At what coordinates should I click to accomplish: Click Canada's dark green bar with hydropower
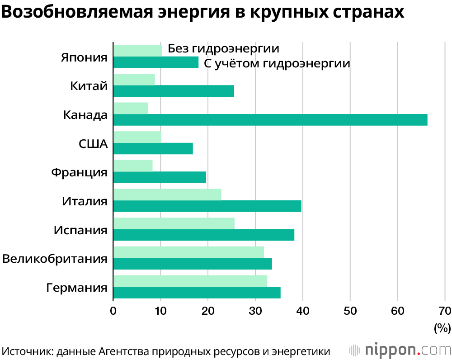click(270, 119)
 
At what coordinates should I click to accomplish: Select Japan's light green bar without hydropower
click(137, 51)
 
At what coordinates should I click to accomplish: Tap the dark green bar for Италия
click(207, 206)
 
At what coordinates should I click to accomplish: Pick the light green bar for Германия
click(190, 281)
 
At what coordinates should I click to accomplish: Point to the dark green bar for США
click(153, 148)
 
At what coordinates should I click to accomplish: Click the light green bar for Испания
click(174, 223)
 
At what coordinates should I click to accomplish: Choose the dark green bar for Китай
click(174, 91)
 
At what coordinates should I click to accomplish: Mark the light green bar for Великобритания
click(188, 252)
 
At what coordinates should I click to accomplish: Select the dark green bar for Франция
click(160, 177)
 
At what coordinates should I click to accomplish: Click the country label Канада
click(85, 114)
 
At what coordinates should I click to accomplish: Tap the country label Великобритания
click(55, 259)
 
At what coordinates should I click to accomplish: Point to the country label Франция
click(79, 172)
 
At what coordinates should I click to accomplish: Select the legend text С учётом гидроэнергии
click(277, 63)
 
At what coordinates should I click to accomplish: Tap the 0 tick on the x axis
click(113, 311)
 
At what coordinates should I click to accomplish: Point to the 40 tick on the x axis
click(302, 311)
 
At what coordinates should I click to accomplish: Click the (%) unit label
click(442, 328)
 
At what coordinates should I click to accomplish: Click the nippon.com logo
click(400, 350)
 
